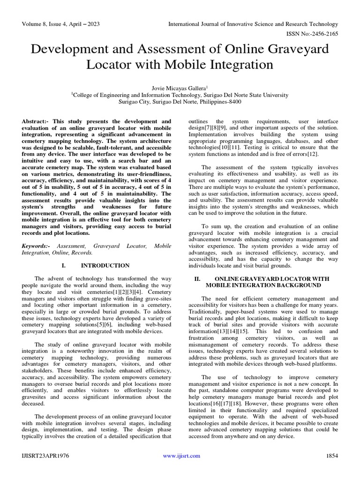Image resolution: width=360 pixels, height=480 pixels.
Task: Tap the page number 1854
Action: (x=332, y=456)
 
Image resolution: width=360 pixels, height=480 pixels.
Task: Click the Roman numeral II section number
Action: (x=197, y=278)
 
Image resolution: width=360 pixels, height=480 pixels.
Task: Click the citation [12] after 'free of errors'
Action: (x=300, y=154)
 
